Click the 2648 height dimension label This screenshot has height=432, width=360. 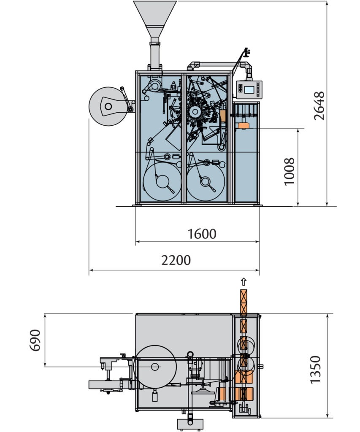(x=319, y=106)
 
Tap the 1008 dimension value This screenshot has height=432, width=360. (x=290, y=171)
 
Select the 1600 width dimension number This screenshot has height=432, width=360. (x=202, y=234)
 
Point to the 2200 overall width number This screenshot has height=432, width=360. (x=176, y=260)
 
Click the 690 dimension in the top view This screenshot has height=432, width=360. (x=35, y=340)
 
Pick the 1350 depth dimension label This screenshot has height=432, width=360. (x=315, y=370)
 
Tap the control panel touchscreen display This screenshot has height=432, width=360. (x=249, y=90)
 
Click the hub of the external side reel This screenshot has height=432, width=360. (x=108, y=106)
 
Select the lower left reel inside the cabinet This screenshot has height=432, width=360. (x=162, y=181)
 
